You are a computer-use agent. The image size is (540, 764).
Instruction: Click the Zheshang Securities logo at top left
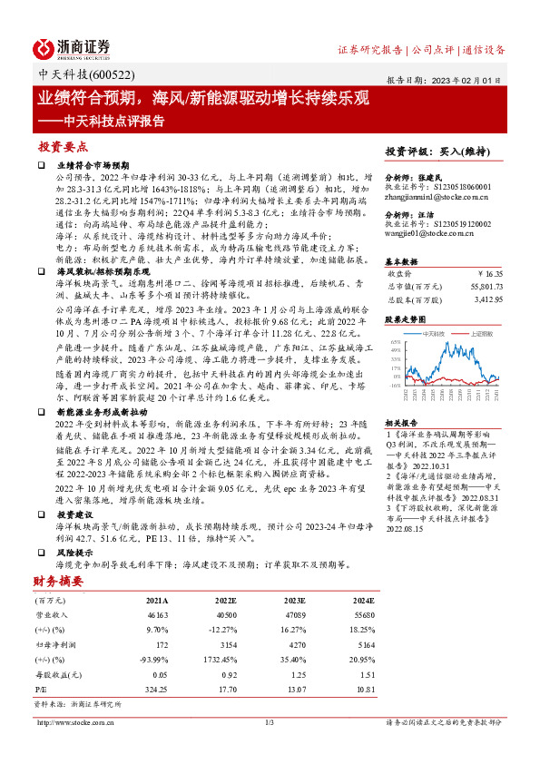[x=72, y=46]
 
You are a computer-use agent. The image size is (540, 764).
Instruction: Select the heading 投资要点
[x=63, y=145]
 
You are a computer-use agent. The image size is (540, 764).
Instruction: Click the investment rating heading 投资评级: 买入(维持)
[x=432, y=151]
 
